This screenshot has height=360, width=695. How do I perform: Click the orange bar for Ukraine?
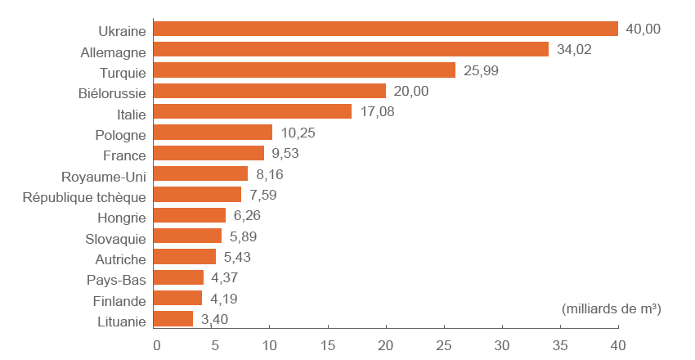386,29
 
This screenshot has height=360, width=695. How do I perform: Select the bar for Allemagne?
352,49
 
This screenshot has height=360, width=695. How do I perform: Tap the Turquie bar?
305,70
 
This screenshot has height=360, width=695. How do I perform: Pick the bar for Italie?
253,111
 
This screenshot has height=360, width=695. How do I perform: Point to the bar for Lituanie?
173,319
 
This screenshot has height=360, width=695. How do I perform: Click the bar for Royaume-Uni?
201,173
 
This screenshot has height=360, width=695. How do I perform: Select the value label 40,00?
643,29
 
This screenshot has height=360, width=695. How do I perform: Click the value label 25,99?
480,70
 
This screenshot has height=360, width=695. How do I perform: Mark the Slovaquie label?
115,239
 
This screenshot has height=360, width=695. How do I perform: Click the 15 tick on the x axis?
328,344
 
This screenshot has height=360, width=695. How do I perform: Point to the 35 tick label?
560,344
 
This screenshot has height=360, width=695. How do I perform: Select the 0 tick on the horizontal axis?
156,344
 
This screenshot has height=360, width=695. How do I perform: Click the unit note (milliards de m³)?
611,309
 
